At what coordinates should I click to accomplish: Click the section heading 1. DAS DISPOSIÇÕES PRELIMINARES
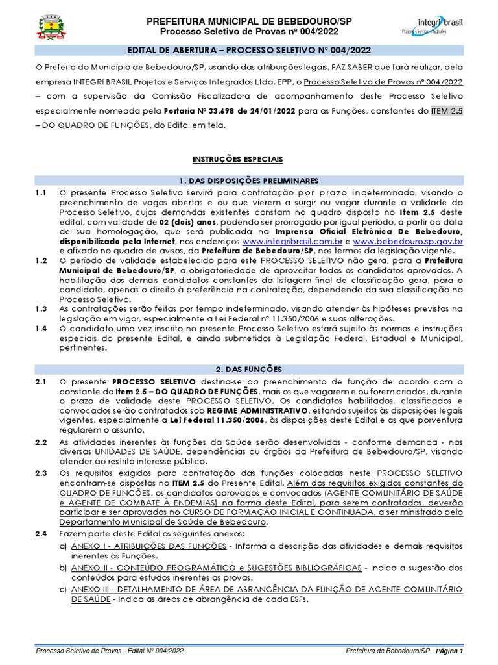pos(249,180)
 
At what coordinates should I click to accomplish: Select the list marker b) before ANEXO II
pos(63,567)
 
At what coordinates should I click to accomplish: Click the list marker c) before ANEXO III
pos(63,589)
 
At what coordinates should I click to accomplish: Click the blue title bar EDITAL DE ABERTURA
pos(249,51)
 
